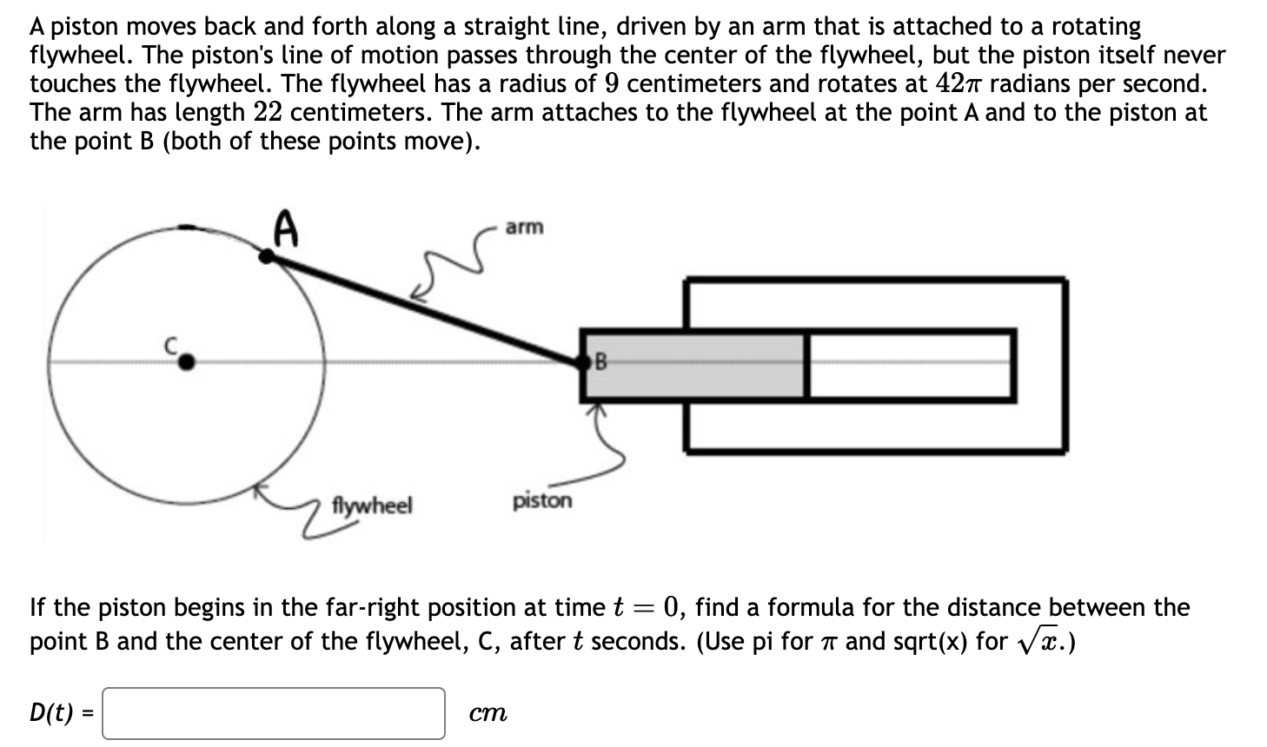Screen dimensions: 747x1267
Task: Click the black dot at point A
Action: (x=269, y=255)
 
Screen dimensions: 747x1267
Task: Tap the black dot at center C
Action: (x=185, y=363)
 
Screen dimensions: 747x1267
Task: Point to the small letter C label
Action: (x=172, y=345)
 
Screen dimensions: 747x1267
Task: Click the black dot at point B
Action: (x=585, y=363)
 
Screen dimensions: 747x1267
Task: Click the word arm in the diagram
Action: (x=524, y=227)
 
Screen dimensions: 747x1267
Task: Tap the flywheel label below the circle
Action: (x=373, y=505)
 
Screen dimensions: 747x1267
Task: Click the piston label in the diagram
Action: (x=542, y=500)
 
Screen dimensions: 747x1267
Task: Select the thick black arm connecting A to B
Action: (x=426, y=308)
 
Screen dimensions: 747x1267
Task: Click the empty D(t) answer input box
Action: (x=274, y=713)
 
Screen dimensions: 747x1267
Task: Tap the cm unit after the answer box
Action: (x=488, y=714)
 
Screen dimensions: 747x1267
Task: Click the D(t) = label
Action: (x=62, y=713)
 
